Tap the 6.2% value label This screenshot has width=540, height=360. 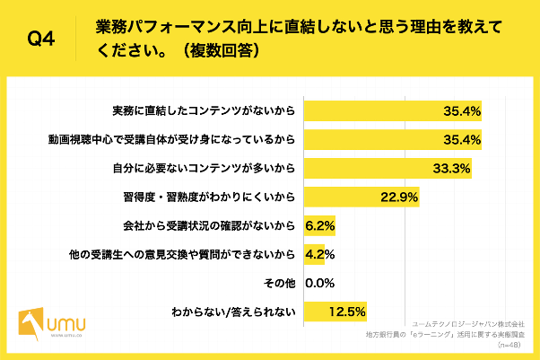[320, 225]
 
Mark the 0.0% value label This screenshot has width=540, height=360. [320, 282]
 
